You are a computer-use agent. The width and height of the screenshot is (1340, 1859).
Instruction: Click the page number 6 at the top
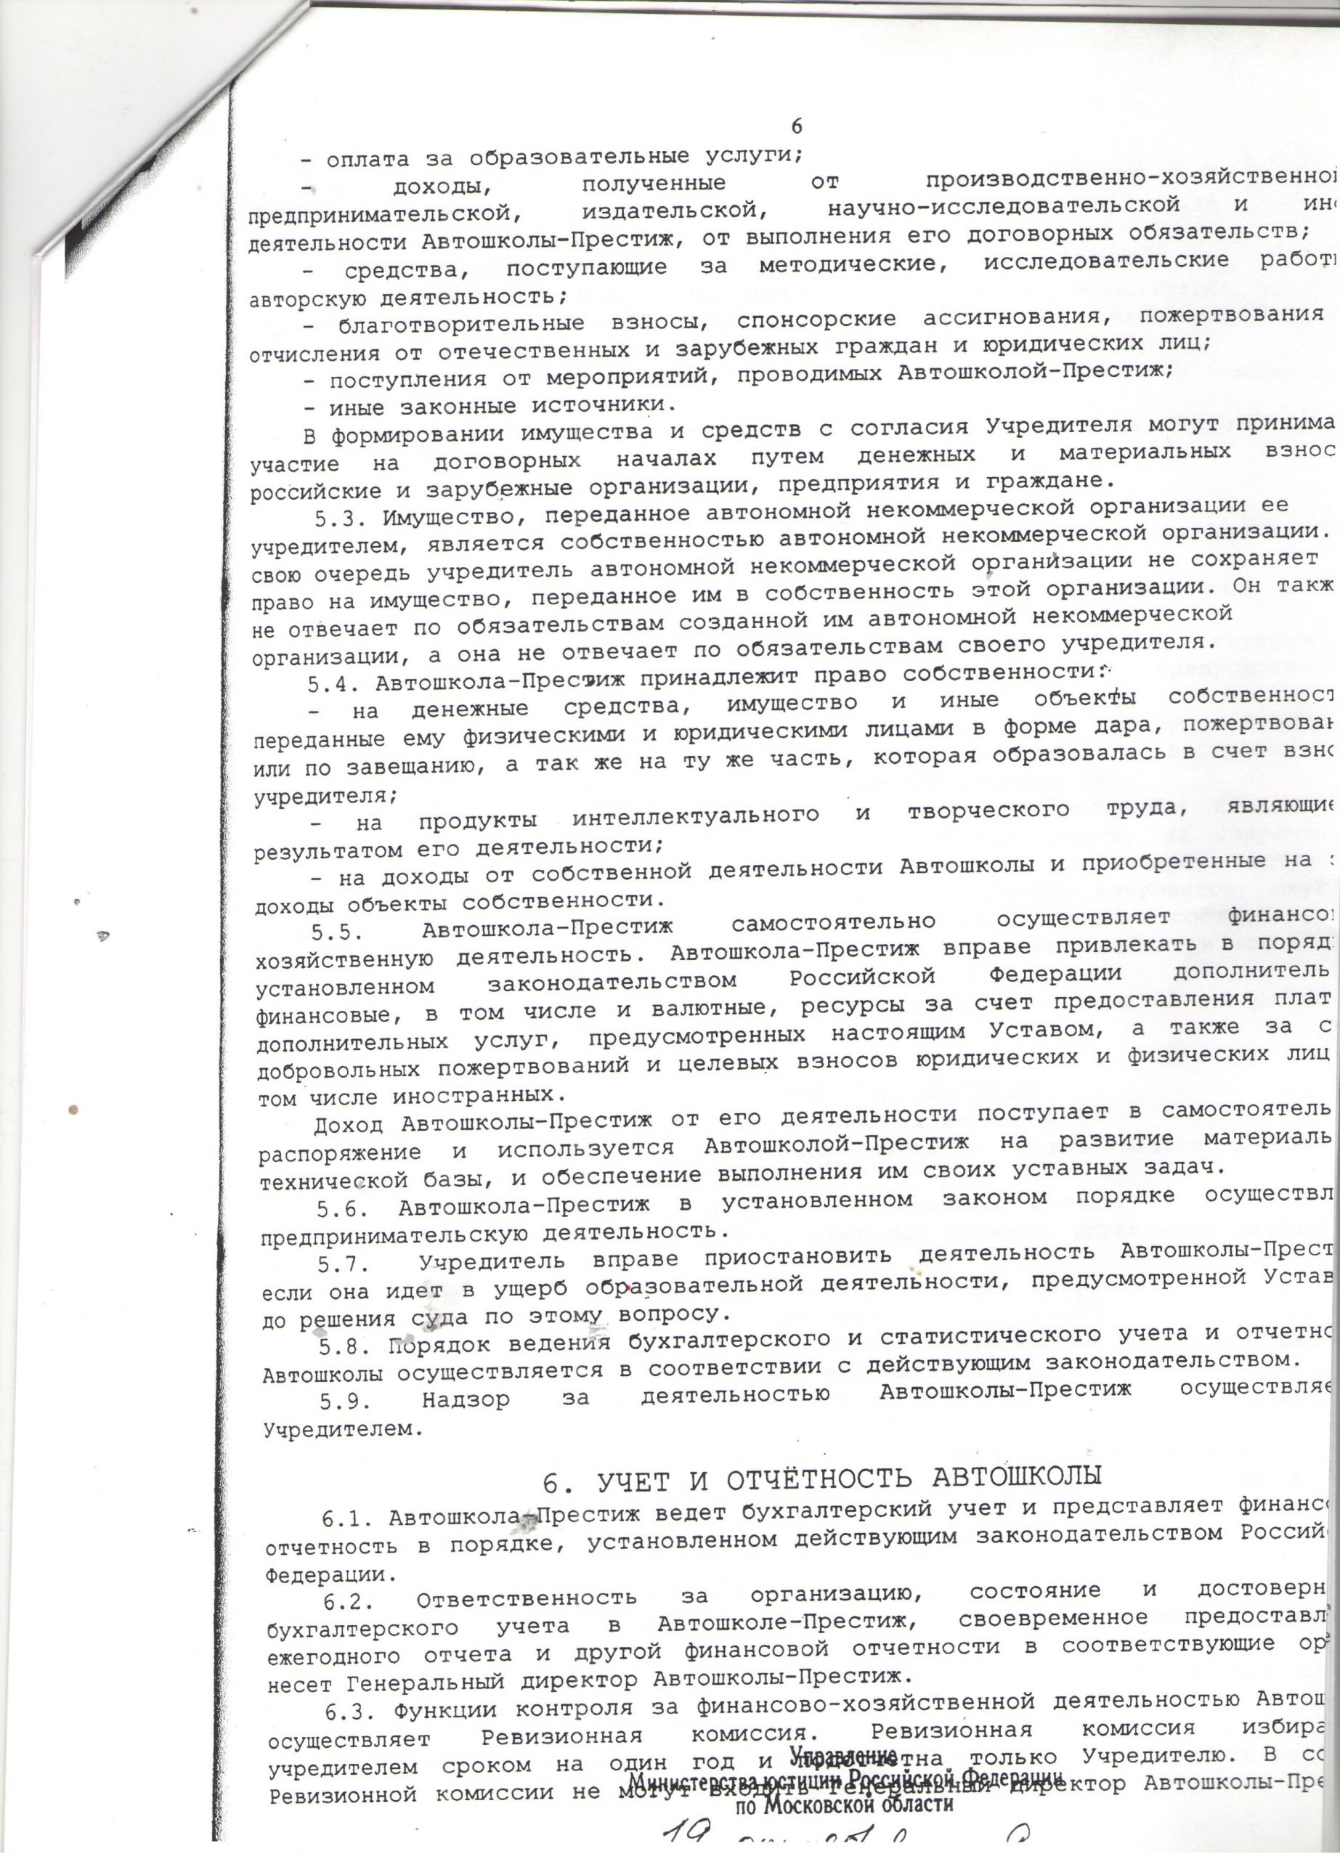click(797, 126)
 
